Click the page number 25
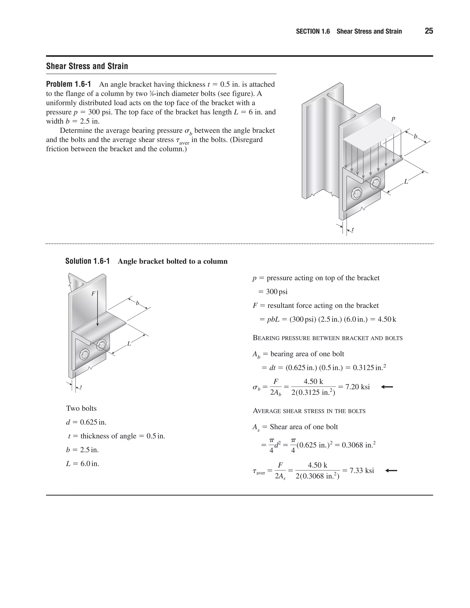429,31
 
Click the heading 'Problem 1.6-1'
68,84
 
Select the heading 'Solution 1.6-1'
87,261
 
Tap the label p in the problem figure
393,119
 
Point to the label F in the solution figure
93,293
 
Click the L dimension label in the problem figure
406,181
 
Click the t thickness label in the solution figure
81,387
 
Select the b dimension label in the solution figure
137,303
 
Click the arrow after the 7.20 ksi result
387,387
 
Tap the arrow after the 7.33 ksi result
391,471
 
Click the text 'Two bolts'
81,408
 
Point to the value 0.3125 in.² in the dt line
369,368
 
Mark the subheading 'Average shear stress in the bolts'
309,411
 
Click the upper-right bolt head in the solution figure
102,345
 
